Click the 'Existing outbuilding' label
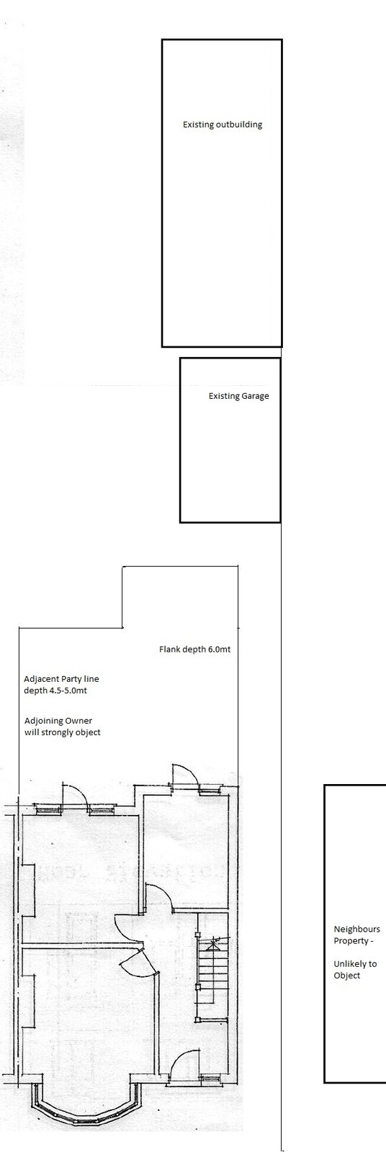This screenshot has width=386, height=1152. tap(223, 125)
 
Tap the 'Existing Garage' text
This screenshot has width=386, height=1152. tap(239, 396)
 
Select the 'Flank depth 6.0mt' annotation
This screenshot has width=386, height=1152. tap(194, 649)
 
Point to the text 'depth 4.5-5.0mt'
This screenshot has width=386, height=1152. tap(55, 690)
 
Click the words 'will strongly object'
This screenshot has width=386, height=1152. tap(62, 732)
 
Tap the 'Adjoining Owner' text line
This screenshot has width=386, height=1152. tap(58, 721)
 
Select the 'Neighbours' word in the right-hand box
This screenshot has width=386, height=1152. tap(356, 930)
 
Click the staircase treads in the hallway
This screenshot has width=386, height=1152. tap(211, 957)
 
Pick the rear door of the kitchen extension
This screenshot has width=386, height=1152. tap(182, 775)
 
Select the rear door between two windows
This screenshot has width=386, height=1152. tap(74, 795)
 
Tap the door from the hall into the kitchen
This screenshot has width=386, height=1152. tap(158, 868)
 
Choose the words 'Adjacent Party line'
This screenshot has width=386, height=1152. tap(61, 679)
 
